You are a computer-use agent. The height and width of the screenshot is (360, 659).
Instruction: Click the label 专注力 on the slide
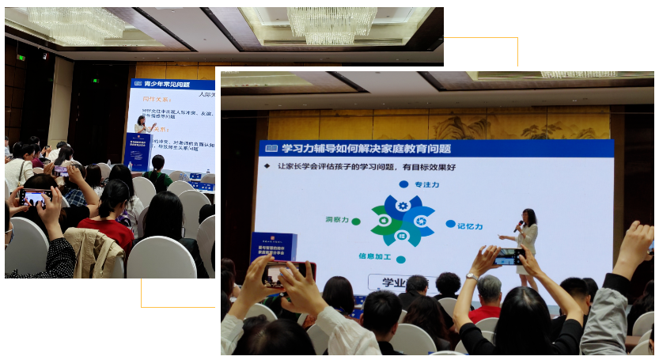(427, 184)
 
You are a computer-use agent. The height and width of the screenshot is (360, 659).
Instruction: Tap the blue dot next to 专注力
(403, 184)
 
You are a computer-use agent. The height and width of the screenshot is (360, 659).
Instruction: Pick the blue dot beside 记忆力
(449, 224)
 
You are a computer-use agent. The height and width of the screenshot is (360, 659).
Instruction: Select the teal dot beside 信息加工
(400, 259)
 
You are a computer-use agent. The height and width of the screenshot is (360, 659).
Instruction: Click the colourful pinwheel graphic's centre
(402, 221)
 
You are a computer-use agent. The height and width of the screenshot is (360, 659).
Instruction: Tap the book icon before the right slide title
(271, 148)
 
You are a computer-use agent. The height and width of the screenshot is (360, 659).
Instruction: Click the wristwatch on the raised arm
(472, 276)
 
